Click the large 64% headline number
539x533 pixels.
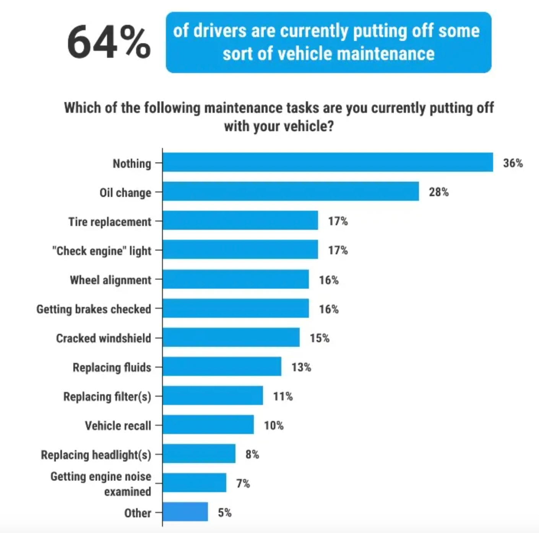point(109,42)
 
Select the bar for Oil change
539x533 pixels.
point(291,191)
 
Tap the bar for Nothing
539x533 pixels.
point(328,162)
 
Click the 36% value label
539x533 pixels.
point(513,163)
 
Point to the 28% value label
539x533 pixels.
point(438,192)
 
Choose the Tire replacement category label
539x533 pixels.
point(110,222)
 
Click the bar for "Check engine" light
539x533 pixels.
point(240,250)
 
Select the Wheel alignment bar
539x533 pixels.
point(235,279)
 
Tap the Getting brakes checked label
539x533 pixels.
point(94,309)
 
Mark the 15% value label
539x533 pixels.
point(320,338)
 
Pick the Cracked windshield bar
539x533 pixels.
point(231,337)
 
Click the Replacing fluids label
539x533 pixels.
point(112,367)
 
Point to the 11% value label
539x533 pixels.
point(283,396)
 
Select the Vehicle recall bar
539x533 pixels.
point(208,424)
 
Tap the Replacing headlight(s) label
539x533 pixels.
point(96,455)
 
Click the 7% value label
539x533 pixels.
point(243,484)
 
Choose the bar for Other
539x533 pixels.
point(185,512)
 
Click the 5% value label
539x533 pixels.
point(225,513)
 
